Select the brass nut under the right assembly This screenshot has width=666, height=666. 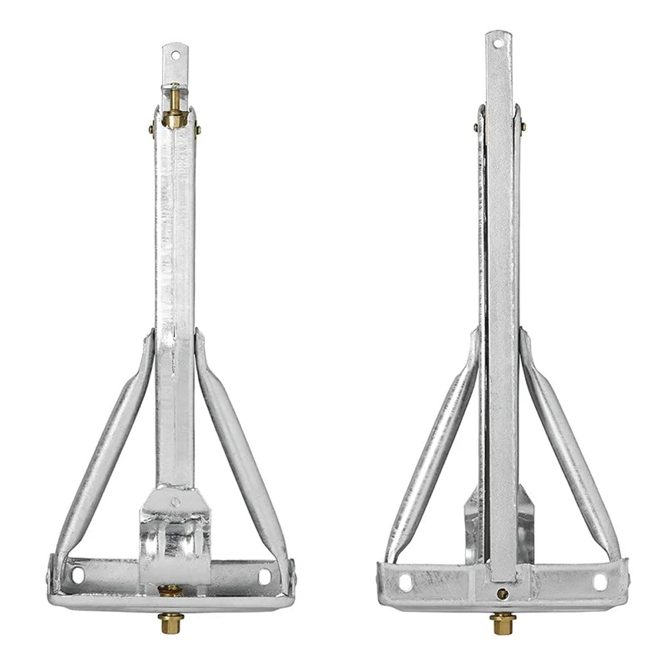(x=503, y=623)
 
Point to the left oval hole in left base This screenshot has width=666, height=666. (x=77, y=574)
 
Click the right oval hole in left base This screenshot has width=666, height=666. (x=264, y=575)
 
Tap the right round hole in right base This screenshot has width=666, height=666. (x=599, y=581)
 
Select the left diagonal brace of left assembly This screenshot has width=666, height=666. (x=107, y=446)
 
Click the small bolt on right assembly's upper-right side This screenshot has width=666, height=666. (x=524, y=127)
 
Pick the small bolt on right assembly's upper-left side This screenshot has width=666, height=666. (x=476, y=127)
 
